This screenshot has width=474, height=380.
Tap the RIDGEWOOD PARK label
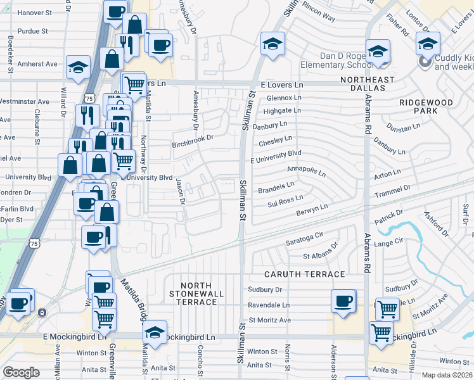[426, 106]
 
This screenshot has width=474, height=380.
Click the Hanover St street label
[34, 13]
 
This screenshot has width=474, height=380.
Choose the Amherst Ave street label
[37, 64]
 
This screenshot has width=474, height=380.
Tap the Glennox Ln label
[284, 98]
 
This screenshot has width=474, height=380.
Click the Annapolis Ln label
[306, 171]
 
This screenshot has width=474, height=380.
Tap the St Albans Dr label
[320, 253]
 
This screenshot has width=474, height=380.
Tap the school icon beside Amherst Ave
[78, 68]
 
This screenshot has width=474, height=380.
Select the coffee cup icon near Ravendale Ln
[343, 301]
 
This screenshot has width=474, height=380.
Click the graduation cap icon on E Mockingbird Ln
[155, 331]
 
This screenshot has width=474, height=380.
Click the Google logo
[21, 372]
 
